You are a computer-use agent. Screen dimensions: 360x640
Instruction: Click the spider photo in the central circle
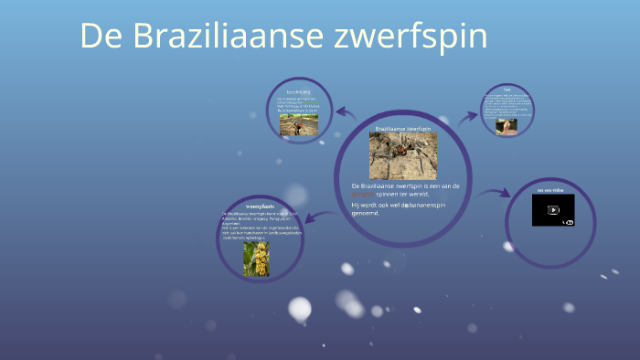(x=402, y=155)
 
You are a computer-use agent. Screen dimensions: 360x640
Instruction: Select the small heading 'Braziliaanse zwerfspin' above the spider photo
(x=402, y=129)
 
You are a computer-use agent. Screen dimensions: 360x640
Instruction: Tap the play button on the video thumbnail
(x=553, y=209)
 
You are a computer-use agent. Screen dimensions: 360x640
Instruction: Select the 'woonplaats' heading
(x=260, y=206)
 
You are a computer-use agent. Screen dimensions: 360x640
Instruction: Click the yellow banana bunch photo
(x=256, y=259)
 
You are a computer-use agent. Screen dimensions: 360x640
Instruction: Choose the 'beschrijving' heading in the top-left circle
(x=299, y=92)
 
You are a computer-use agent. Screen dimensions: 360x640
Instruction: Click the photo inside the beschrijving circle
(x=299, y=124)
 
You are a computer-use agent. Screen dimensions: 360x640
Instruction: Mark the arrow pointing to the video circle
(x=494, y=192)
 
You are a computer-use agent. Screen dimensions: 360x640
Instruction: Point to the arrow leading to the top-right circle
(x=469, y=116)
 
